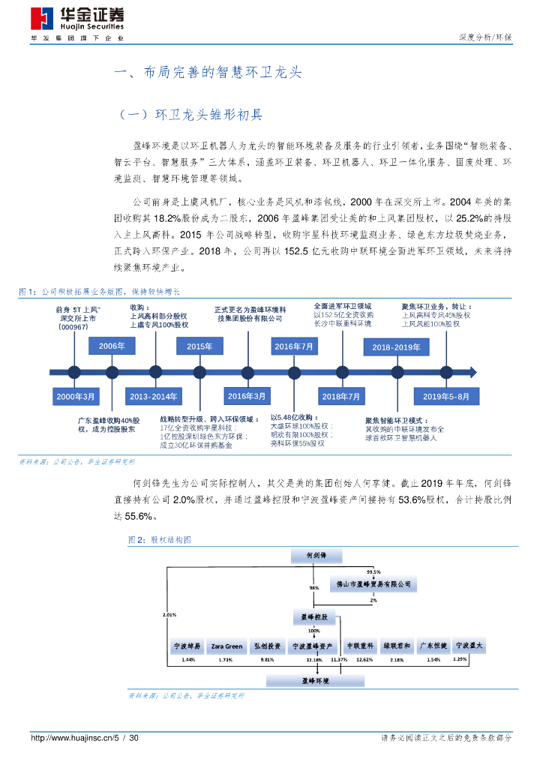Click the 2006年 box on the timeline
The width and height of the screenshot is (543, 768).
(112, 346)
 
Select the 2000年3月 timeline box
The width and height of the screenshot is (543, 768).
(76, 396)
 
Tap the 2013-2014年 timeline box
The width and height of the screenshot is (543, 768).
(153, 396)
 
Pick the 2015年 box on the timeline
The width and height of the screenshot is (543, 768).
(199, 346)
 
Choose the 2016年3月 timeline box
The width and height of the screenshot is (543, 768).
(247, 395)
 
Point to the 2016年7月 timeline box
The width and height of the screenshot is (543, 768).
(294, 346)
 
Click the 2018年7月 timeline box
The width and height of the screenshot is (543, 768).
(340, 396)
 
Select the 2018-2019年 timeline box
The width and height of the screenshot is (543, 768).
(396, 347)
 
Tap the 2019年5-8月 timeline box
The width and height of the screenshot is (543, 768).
(446, 396)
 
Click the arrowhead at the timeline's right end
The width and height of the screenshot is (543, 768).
(472, 371)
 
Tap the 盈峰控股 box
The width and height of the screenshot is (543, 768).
(313, 616)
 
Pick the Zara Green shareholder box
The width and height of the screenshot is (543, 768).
(226, 645)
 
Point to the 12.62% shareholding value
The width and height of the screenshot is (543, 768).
(364, 660)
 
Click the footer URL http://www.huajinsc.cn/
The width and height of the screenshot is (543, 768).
(70, 739)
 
